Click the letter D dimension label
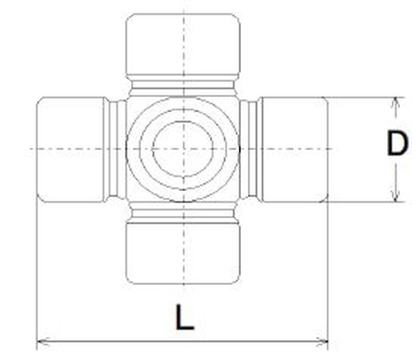(x=395, y=145)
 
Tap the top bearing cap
(x=183, y=42)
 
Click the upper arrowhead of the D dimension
(x=395, y=102)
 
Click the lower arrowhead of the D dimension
(x=395, y=196)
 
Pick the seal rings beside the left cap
(x=116, y=147)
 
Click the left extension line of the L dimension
(x=36, y=271)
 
